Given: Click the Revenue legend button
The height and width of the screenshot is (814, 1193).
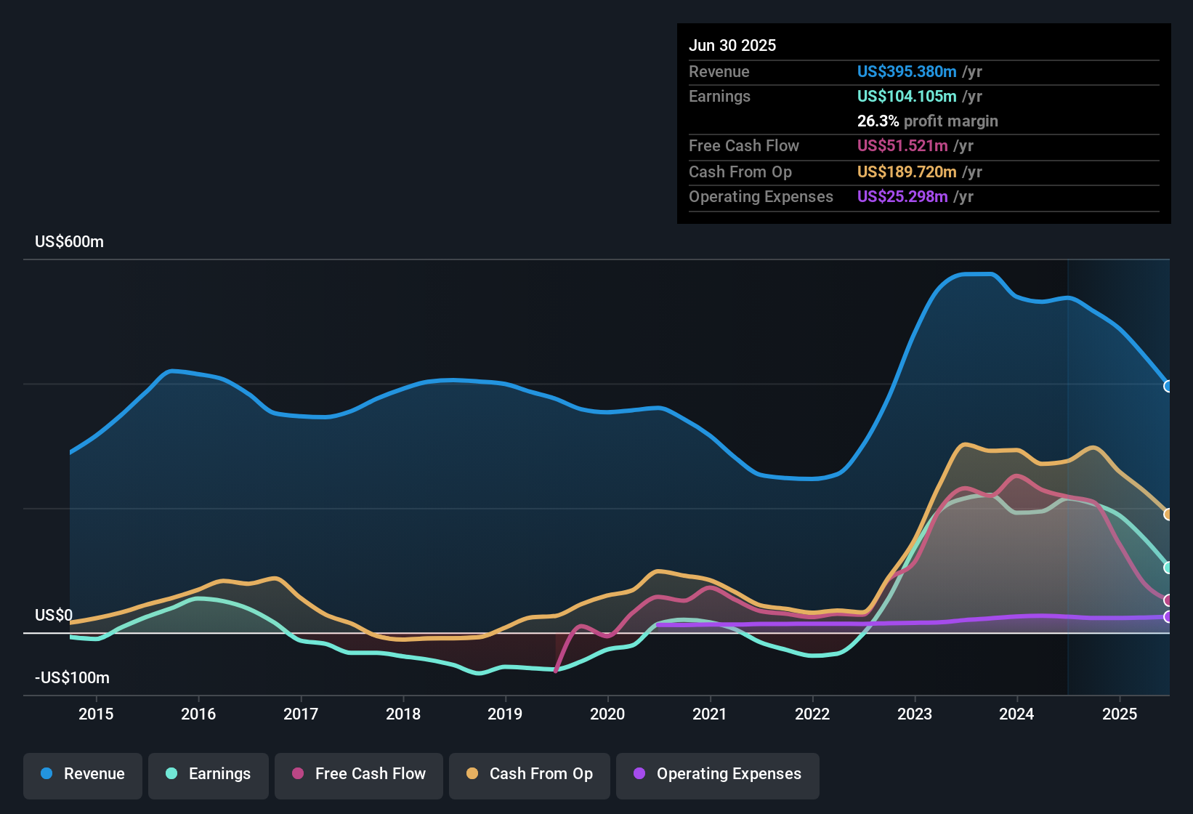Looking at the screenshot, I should tap(83, 774).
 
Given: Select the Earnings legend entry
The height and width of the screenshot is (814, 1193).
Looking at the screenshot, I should tap(209, 774).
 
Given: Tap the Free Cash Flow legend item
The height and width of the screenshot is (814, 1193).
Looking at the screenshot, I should tap(359, 774).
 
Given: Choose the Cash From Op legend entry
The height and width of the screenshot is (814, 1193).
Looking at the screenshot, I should tap(530, 774).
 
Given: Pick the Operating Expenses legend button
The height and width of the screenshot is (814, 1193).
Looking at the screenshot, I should tap(718, 774).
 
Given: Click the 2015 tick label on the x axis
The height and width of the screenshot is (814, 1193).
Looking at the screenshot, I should tap(96, 714).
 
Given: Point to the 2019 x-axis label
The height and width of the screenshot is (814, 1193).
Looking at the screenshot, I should tap(505, 714).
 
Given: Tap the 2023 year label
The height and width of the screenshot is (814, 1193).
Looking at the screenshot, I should tap(915, 714).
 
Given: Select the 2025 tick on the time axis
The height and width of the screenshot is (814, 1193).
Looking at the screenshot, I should tap(1120, 714).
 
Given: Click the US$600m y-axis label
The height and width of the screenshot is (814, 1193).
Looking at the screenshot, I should tap(69, 242).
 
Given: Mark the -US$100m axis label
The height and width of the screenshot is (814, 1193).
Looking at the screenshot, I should tap(72, 678).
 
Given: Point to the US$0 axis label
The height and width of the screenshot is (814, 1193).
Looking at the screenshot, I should tap(54, 616).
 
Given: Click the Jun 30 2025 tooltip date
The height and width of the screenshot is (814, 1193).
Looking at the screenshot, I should tap(732, 45).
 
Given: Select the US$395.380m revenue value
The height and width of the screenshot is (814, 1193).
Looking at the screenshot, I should tap(907, 71).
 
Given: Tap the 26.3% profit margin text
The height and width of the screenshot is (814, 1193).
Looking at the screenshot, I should tap(927, 121).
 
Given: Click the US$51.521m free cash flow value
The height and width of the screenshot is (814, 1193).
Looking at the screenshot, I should tap(902, 145).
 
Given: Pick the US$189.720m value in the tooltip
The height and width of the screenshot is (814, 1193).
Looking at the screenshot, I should tap(907, 172).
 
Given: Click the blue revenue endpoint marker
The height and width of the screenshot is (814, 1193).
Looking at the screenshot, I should tap(1168, 386).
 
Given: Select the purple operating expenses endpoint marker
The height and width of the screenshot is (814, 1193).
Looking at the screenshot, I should tap(1168, 616).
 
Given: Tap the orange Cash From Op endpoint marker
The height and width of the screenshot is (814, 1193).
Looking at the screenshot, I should tap(1168, 514).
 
